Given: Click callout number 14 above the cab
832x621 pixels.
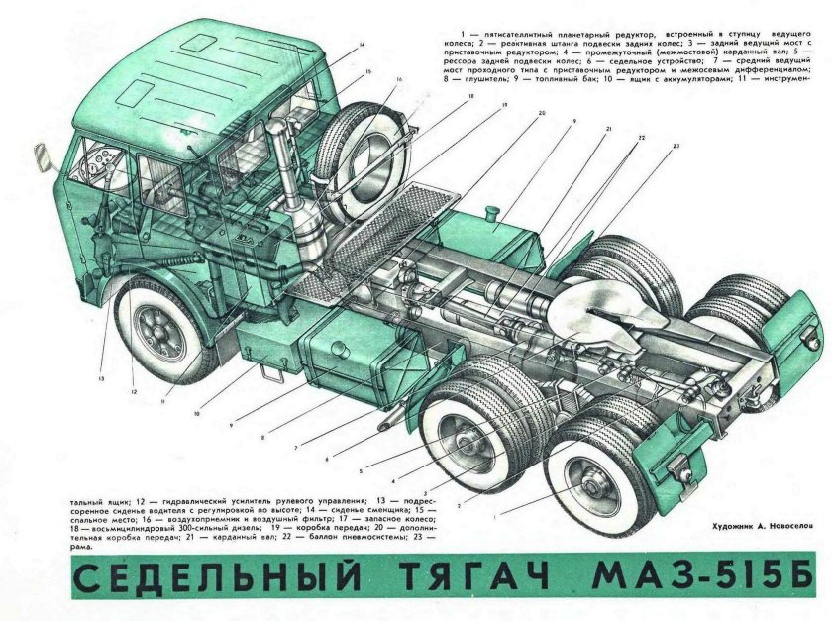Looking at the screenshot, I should [362, 46].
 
